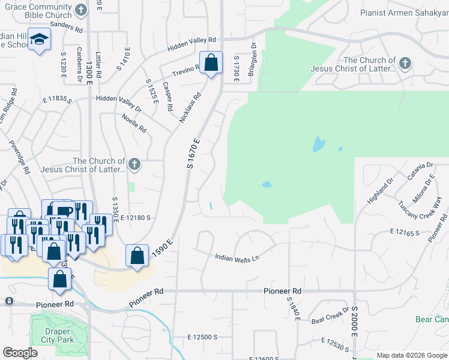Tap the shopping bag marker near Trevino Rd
coord(211,63)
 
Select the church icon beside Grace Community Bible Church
coord(82,10)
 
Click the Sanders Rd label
coord(66,27)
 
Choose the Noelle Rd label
coord(134,123)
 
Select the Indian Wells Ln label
coord(237,257)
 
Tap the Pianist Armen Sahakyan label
coord(404,13)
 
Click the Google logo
coord(20,353)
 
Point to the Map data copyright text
coord(411,355)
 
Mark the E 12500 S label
coord(202,338)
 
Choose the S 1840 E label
coord(292,308)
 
